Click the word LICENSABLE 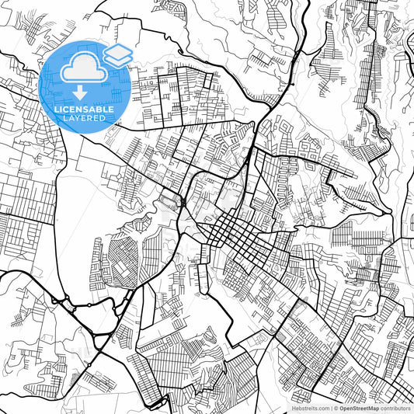point(84,110)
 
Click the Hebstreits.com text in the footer point(309,408)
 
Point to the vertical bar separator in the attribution point(331,408)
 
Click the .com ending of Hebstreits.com point(322,408)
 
